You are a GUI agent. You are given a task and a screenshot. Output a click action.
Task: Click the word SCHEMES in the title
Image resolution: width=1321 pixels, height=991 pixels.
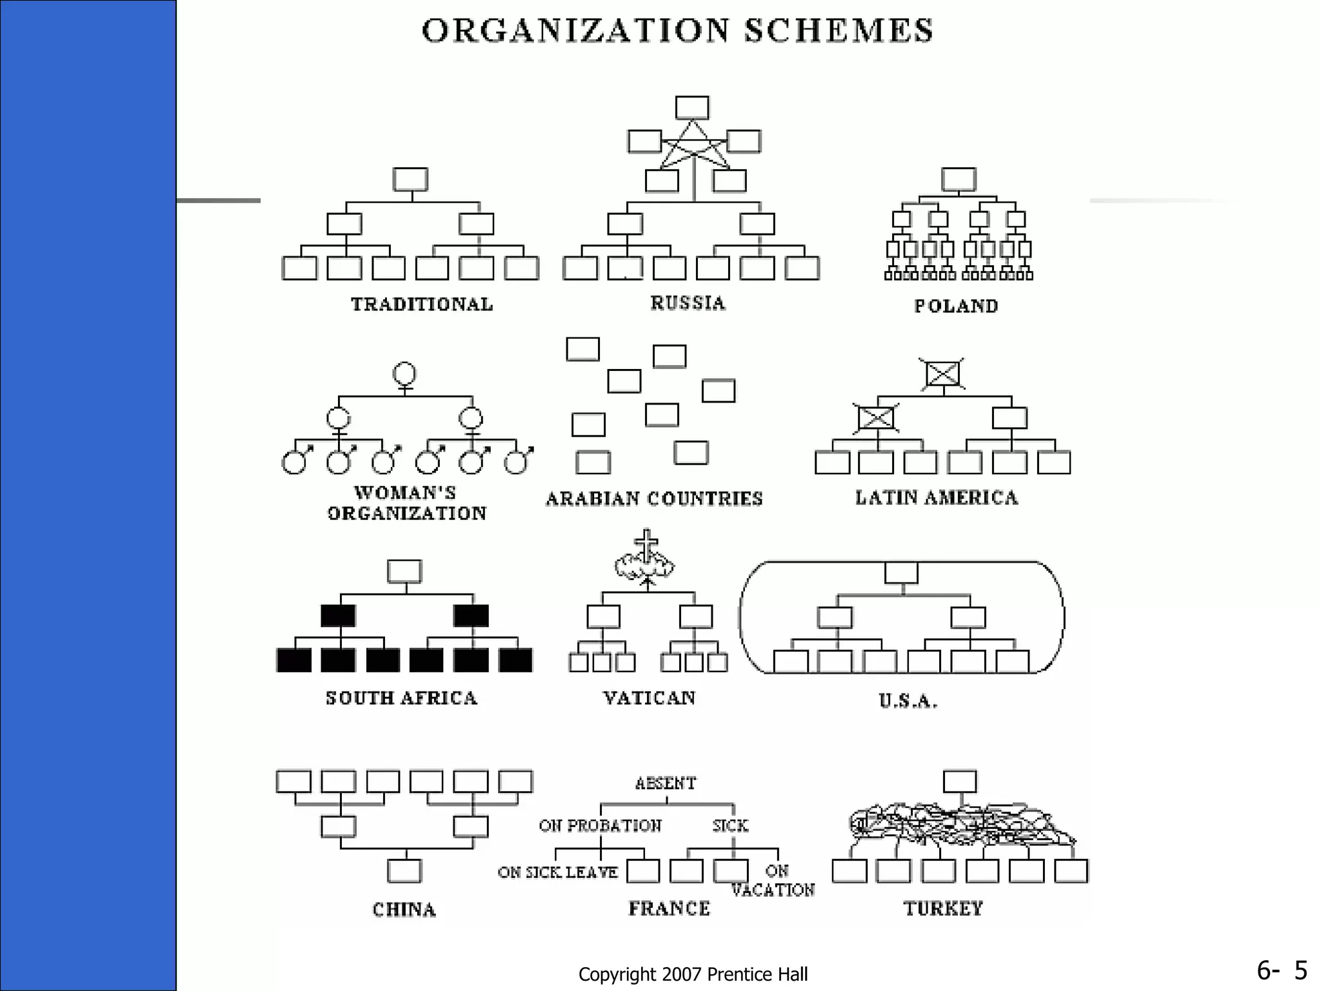point(838,31)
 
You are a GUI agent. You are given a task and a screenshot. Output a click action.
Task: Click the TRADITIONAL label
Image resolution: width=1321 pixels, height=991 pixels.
point(422,304)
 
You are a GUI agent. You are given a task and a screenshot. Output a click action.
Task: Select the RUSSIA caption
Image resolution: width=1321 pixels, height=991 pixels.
point(688,303)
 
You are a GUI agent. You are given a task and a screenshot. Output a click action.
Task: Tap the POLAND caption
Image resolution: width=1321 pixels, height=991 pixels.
point(956,306)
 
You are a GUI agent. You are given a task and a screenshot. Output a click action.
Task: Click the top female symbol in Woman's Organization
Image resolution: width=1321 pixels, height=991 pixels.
point(404,374)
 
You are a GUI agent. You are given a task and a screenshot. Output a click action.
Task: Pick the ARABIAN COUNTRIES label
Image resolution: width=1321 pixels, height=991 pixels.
point(654,498)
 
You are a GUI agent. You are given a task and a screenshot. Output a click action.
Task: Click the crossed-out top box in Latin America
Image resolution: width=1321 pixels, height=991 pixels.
point(942,374)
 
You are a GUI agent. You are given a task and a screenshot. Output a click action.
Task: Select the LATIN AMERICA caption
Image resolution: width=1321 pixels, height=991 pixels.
point(937,497)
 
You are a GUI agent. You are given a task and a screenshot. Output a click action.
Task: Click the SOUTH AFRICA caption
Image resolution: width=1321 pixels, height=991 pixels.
point(401,698)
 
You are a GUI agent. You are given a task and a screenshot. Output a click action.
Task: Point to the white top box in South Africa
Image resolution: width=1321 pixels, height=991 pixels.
point(404,572)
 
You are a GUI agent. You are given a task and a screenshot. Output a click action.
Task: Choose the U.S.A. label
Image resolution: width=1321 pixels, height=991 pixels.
point(908,701)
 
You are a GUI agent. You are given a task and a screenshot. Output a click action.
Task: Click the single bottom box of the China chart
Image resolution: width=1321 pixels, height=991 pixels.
point(404,871)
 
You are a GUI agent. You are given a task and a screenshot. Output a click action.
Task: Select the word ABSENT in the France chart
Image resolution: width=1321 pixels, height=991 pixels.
point(666,783)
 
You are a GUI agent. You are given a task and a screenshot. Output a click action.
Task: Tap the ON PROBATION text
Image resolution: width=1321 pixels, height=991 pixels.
point(600,826)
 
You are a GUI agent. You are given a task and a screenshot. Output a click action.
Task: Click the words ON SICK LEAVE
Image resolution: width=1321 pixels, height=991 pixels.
point(557,872)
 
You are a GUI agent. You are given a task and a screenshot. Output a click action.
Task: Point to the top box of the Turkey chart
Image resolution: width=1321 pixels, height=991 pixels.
point(960,781)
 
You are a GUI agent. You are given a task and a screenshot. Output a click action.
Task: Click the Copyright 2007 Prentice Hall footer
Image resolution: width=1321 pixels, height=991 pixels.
point(693,974)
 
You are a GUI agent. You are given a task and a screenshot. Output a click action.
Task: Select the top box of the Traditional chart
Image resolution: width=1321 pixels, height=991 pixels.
point(410,179)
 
